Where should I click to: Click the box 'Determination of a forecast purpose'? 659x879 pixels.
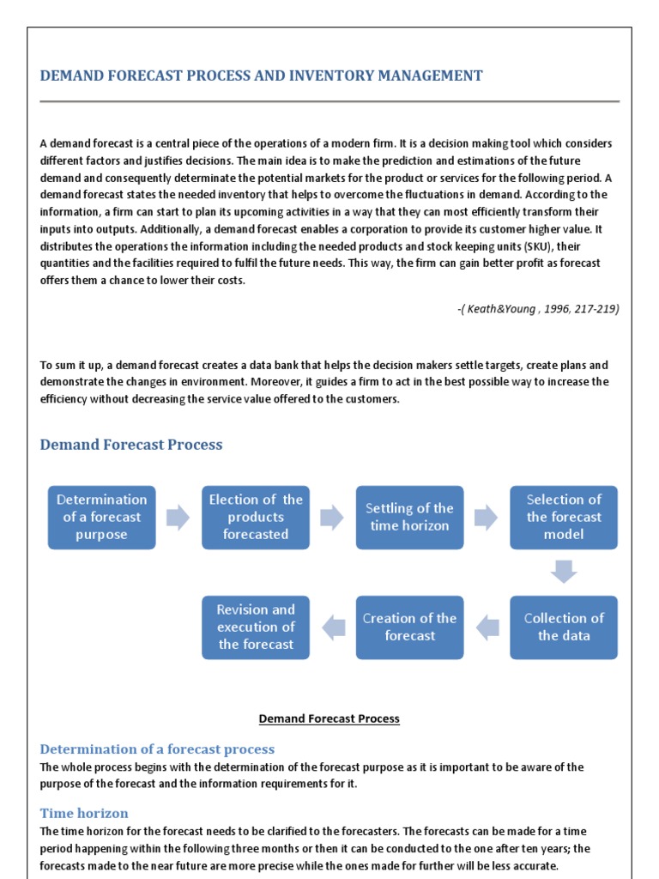pyautogui.click(x=101, y=517)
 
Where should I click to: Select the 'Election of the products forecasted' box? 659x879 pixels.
pyautogui.click(x=256, y=517)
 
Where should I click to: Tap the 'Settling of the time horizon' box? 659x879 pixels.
pyautogui.click(x=409, y=517)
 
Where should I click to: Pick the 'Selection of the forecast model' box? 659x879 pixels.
pyautogui.click(x=564, y=517)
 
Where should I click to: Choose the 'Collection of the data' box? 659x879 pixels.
pyautogui.click(x=564, y=627)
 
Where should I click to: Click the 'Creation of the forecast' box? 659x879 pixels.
pyautogui.click(x=409, y=627)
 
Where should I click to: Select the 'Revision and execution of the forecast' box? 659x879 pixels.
pyautogui.click(x=256, y=627)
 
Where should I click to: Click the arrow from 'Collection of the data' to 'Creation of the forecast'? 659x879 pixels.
pyautogui.click(x=487, y=627)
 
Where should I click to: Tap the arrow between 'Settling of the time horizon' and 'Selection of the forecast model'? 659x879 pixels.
pyautogui.click(x=486, y=517)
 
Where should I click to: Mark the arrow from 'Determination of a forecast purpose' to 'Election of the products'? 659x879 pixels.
pyautogui.click(x=178, y=517)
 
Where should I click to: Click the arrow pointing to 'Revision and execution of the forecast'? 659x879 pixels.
pyautogui.click(x=333, y=627)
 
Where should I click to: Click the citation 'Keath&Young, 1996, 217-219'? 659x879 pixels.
pyautogui.click(x=538, y=309)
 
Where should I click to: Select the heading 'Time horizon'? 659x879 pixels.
pyautogui.click(x=84, y=813)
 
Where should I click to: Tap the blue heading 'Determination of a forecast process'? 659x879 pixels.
pyautogui.click(x=157, y=749)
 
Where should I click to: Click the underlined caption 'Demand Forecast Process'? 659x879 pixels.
pyautogui.click(x=329, y=718)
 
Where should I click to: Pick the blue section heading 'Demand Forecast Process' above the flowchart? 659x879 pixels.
pyautogui.click(x=131, y=445)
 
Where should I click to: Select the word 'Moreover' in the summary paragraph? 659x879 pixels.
pyautogui.click(x=254, y=382)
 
